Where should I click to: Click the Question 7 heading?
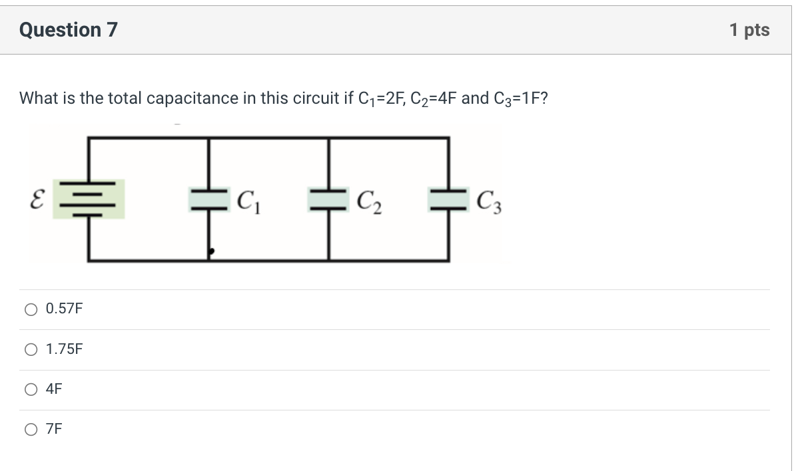tap(69, 30)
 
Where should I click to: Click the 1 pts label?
tap(749, 30)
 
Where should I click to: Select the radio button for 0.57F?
tap(31, 309)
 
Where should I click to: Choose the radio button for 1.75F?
tap(31, 349)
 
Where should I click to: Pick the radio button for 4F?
tap(31, 390)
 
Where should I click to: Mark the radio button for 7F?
tap(31, 430)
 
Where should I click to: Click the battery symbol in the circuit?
tap(89, 199)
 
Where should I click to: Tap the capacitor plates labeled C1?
tap(209, 199)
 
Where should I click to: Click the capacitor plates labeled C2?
tap(328, 199)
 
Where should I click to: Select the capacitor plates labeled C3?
tap(447, 199)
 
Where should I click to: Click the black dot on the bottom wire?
tap(211, 252)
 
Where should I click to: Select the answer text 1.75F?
tap(65, 349)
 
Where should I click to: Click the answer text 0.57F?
tap(65, 309)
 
